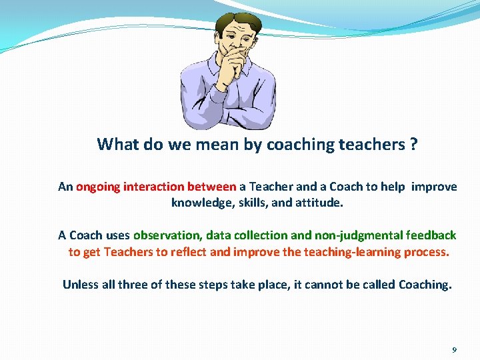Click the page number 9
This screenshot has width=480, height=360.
[x=454, y=349]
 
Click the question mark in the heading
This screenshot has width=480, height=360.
[x=413, y=145]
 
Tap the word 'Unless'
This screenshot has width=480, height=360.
[x=80, y=285]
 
